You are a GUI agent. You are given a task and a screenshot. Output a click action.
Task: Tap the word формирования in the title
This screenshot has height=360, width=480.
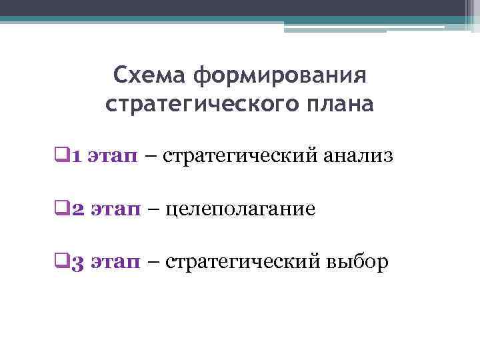281,75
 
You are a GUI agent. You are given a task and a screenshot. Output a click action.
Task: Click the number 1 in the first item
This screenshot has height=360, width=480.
76,157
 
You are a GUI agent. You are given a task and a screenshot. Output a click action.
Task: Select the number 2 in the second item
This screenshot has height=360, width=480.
77,211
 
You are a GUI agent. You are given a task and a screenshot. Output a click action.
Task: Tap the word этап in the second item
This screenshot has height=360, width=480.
115,211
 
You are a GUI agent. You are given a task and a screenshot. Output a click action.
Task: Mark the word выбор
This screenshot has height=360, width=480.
356,264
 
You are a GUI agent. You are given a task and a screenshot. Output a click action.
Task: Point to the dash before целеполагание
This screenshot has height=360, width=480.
153,211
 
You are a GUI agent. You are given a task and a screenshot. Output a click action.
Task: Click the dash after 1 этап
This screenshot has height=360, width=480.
151,157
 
